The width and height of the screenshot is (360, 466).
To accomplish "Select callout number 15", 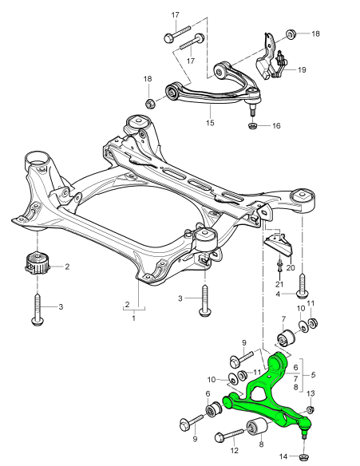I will [210, 123].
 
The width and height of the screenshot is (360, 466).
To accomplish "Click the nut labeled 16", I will [252, 125].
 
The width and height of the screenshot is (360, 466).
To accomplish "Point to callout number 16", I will [276, 126].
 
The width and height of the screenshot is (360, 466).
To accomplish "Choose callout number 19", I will [302, 70].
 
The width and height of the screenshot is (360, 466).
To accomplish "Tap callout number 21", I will [279, 284].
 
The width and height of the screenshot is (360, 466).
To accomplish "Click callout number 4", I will [279, 294].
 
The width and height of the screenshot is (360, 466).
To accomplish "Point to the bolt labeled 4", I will [303, 283].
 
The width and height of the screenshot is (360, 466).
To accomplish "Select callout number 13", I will [311, 393].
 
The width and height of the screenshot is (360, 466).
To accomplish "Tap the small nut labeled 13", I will [311, 409].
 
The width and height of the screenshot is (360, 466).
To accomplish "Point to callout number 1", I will [133, 318].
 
